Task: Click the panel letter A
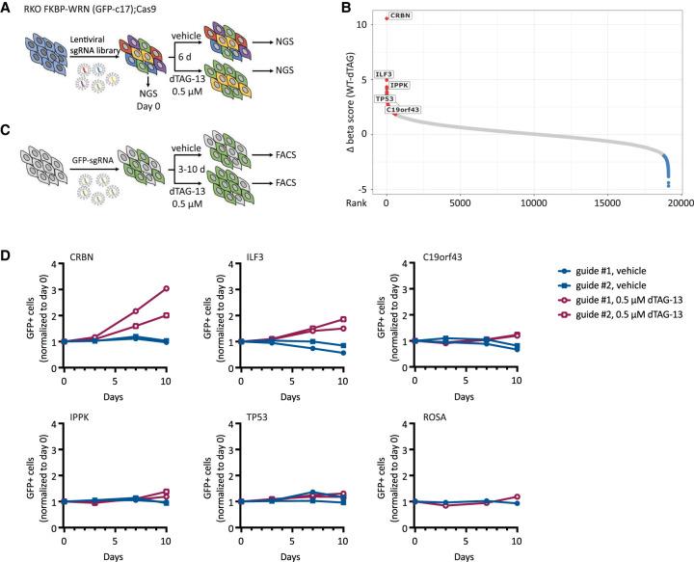[x=8, y=10]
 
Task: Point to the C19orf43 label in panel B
[x=403, y=110]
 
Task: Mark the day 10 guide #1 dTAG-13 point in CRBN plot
[x=166, y=288]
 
